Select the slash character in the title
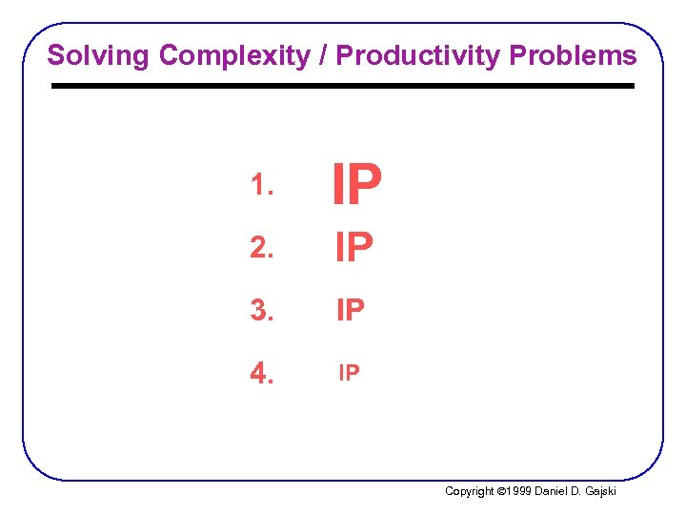323,55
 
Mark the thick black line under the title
342,86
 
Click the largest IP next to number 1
356,185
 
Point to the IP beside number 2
353,249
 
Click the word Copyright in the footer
470,492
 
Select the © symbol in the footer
502,492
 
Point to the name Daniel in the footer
555,492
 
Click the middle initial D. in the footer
582,492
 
